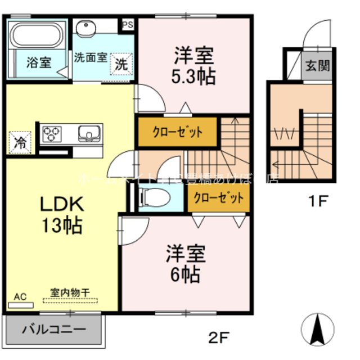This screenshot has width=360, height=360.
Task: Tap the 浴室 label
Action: tap(39, 62)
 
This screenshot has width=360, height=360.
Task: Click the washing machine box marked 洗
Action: tap(122, 64)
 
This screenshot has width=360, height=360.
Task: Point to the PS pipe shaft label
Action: tap(128, 24)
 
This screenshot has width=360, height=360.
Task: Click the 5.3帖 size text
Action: tap(193, 76)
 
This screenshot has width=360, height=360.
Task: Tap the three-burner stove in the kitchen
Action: tap(53, 134)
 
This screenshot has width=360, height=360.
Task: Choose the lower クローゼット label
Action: tap(219, 198)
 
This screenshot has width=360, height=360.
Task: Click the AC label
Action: tap(20, 296)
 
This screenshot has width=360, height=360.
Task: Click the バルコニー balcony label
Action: tap(54, 330)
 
